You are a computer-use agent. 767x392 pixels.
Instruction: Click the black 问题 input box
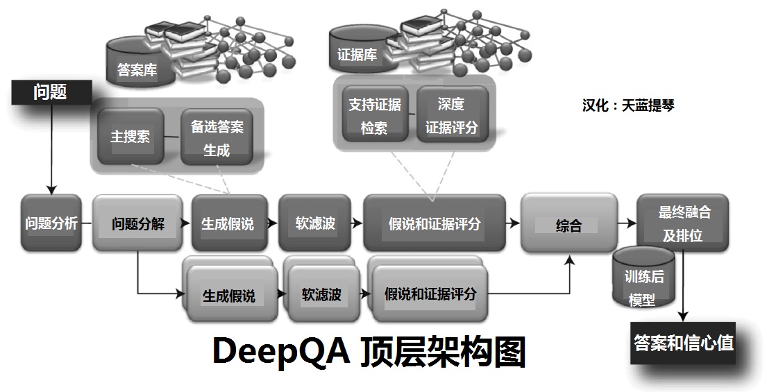(50, 93)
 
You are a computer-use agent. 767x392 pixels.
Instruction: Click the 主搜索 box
(130, 136)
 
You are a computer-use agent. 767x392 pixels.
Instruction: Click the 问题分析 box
(51, 223)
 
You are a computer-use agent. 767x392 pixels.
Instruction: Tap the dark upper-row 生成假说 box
(228, 223)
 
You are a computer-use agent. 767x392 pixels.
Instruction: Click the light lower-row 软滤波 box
(321, 295)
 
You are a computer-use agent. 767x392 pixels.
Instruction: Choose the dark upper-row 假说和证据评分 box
(434, 223)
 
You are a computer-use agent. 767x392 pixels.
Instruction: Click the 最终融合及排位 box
(683, 223)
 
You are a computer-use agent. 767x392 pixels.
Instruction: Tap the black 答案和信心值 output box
(684, 343)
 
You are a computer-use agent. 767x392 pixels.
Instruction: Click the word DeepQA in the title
(283, 352)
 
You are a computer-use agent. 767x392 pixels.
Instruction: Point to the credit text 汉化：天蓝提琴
(628, 105)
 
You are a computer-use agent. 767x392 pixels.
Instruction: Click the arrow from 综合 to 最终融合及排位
(626, 223)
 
